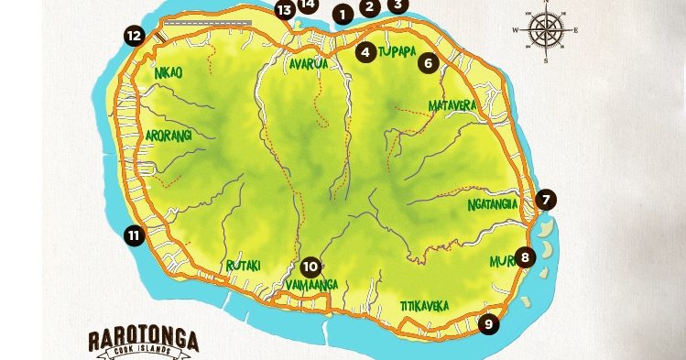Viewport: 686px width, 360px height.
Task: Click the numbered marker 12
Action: (135, 37)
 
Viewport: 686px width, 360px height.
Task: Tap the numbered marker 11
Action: (134, 235)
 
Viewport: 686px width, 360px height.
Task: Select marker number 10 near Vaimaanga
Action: (310, 267)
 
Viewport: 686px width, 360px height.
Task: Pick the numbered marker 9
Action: (488, 323)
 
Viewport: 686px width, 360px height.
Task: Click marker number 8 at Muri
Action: (524, 257)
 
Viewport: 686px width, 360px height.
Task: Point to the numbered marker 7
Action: (546, 199)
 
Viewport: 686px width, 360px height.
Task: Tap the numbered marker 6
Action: (428, 64)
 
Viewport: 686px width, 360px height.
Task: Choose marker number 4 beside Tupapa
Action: (366, 52)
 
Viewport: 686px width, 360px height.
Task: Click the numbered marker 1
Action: (343, 15)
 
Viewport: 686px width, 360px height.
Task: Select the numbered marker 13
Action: (285, 11)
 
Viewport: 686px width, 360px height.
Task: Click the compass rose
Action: (545, 30)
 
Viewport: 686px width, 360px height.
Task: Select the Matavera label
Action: (452, 106)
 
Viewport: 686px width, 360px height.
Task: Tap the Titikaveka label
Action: (424, 306)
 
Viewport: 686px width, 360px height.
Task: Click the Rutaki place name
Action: (244, 266)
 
